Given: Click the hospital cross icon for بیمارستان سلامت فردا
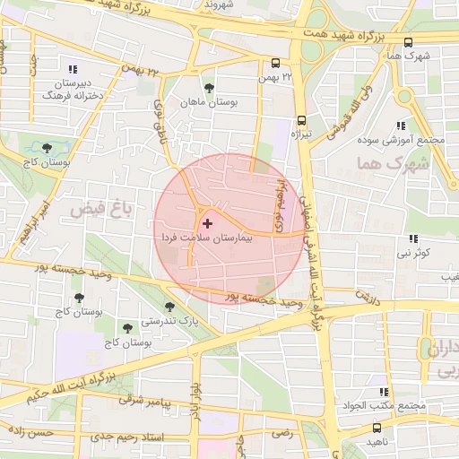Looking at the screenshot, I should tap(208, 222).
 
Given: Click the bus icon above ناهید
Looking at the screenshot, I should tap(377, 429).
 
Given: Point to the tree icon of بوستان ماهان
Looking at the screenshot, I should tap(209, 88).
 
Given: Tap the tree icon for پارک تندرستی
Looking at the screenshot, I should tap(169, 307).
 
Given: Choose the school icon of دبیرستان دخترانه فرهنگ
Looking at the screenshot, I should tap(73, 69).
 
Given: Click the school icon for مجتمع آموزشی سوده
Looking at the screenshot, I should tap(400, 126).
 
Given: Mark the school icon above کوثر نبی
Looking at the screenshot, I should tap(413, 238).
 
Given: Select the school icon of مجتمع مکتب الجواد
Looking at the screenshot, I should tap(385, 393).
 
